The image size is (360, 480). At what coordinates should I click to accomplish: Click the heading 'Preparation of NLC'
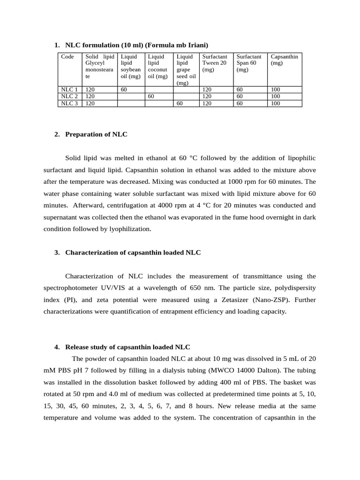pos(96,135)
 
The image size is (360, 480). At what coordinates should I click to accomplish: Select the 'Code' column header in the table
pos(67,57)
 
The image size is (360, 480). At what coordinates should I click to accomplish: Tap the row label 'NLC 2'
pos(69,96)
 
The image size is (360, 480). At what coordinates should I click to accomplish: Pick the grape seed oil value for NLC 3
pos(179,104)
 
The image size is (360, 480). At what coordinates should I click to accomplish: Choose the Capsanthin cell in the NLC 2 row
pos(276,96)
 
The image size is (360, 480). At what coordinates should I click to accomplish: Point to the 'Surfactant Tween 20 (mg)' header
pos(214,63)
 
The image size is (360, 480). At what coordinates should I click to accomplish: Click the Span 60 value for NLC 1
pos(240,89)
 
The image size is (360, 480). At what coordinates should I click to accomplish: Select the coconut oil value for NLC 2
pos(151,96)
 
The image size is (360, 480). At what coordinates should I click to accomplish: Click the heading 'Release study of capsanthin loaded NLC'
pos(127,347)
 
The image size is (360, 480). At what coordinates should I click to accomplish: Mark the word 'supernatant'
pos(61,217)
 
